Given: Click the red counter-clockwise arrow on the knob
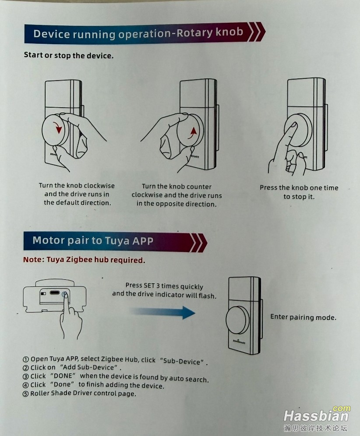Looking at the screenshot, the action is (192, 133).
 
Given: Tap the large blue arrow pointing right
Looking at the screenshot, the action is (164, 312).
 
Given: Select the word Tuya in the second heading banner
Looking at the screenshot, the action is (117, 241).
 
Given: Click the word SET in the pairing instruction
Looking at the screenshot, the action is (149, 285).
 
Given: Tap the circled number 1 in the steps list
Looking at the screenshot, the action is (26, 359).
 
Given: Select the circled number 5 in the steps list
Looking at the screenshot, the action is (25, 394).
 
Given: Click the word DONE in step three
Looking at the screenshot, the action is (63, 376).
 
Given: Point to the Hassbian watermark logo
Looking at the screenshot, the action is (316, 416).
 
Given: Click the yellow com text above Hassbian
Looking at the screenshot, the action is (341, 408).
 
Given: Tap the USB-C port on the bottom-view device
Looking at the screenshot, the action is (55, 293).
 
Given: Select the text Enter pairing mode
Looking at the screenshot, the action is (303, 317).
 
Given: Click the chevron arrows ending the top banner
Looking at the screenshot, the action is (256, 32).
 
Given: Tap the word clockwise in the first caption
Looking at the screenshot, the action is (99, 186).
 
